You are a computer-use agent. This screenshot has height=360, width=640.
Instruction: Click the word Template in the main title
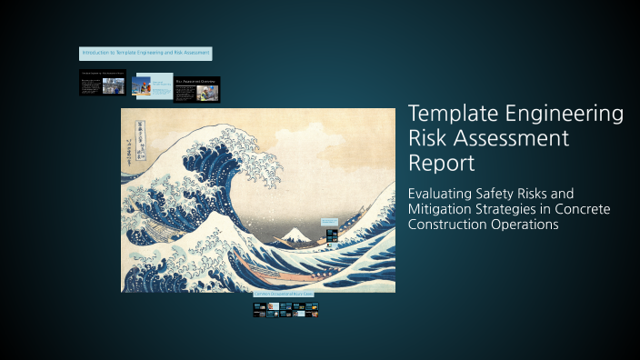point(452,115)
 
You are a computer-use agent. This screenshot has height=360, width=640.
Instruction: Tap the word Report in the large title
point(442,164)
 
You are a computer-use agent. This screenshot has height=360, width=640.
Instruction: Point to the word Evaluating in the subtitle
point(443,194)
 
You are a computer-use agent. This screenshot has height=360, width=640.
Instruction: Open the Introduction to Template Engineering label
point(145,54)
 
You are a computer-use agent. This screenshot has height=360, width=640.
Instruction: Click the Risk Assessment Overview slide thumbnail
point(197,89)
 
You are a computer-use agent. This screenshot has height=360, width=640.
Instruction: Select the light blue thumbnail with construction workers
point(151,85)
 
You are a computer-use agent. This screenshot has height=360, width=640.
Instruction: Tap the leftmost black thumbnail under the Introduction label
point(102,83)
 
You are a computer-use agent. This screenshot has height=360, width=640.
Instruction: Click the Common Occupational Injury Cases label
point(285,295)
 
